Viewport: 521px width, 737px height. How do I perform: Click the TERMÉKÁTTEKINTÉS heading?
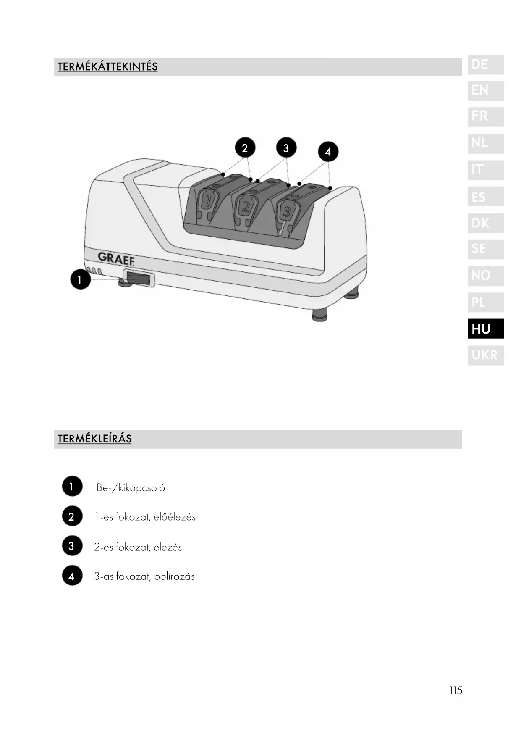pos(107,67)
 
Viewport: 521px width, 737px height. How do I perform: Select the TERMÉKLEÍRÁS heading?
pos(94,439)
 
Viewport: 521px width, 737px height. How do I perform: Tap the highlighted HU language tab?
pos(485,329)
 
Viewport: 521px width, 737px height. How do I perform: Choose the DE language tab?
pos(485,65)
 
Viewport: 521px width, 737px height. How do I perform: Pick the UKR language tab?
pos(485,355)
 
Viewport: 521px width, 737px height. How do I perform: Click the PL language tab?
pos(485,302)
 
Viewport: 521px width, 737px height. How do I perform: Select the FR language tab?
pos(485,116)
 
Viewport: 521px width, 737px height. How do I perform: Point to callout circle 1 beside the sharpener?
pos(80,279)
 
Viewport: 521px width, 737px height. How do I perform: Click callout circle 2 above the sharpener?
pos(245,147)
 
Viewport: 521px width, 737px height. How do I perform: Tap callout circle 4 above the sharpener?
pos(328,152)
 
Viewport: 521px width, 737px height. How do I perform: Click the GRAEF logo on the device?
pos(116,258)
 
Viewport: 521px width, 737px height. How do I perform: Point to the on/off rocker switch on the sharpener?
pos(138,278)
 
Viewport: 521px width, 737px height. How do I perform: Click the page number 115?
pos(456,690)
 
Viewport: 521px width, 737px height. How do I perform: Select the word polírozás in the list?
pos(174,576)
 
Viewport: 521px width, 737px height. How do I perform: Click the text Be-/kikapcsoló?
pos(131,488)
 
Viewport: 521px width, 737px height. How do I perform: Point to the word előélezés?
pos(175,517)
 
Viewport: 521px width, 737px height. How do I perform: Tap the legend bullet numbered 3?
pos(72,546)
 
